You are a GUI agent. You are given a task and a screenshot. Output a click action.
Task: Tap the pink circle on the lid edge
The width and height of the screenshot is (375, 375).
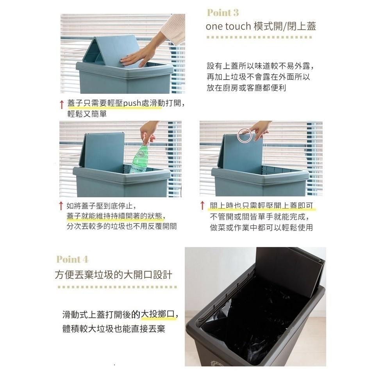click(x=245, y=134)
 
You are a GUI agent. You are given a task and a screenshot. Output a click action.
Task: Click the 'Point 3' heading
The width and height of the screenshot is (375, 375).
click(x=223, y=13)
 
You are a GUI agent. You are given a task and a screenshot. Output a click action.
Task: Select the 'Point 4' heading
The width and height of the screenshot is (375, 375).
click(x=72, y=259)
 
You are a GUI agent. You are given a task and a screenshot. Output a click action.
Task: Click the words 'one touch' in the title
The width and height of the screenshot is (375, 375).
click(x=227, y=27)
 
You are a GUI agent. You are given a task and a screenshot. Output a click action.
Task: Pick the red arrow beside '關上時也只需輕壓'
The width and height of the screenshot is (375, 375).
click(x=202, y=206)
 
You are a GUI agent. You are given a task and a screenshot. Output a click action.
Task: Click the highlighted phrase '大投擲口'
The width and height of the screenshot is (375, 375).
click(x=158, y=314)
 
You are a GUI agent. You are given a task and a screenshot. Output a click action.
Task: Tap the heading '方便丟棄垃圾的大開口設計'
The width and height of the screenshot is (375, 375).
click(x=113, y=275)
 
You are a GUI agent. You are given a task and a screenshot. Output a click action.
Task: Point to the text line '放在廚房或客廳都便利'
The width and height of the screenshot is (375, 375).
click(x=246, y=88)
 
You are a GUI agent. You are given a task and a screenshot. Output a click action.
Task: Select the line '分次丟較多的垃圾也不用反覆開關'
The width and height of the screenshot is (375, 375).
click(x=121, y=227)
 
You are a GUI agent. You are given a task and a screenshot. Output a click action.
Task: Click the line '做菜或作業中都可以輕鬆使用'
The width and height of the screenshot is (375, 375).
click(x=261, y=227)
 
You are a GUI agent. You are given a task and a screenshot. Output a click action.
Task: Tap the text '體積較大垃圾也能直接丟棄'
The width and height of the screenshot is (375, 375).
click(x=114, y=329)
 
